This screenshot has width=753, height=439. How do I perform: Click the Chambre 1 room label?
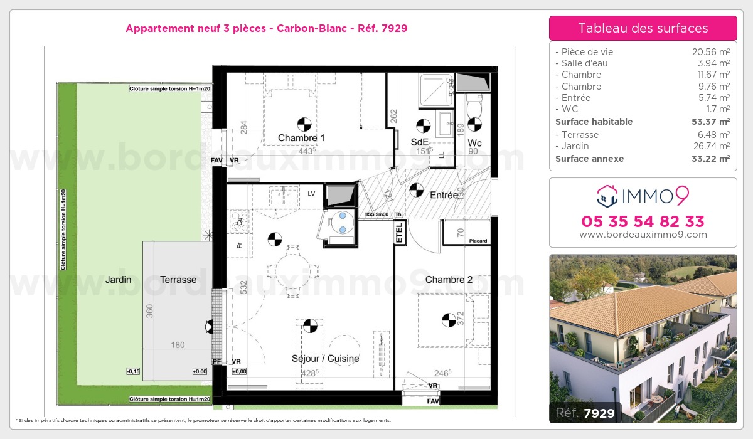click(301, 138)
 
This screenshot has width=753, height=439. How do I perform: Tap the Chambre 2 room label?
click(449, 280)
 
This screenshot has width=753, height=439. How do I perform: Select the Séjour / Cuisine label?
click(326, 359)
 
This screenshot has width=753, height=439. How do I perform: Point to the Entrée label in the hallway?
click(444, 195)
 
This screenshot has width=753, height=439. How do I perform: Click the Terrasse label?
click(178, 280)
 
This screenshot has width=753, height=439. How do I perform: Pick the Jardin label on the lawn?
click(118, 280)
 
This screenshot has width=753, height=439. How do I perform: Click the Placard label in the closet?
click(478, 241)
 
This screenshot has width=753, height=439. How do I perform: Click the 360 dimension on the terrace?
click(149, 311)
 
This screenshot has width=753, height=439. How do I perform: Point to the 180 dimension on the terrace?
click(178, 344)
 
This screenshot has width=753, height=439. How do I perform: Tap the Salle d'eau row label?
click(582, 63)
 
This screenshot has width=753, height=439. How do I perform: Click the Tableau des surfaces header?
click(643, 28)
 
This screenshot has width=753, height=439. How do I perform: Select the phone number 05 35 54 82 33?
click(643, 221)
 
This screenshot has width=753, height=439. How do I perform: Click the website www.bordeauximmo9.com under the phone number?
click(643, 235)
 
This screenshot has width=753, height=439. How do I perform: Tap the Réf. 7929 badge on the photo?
click(585, 413)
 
